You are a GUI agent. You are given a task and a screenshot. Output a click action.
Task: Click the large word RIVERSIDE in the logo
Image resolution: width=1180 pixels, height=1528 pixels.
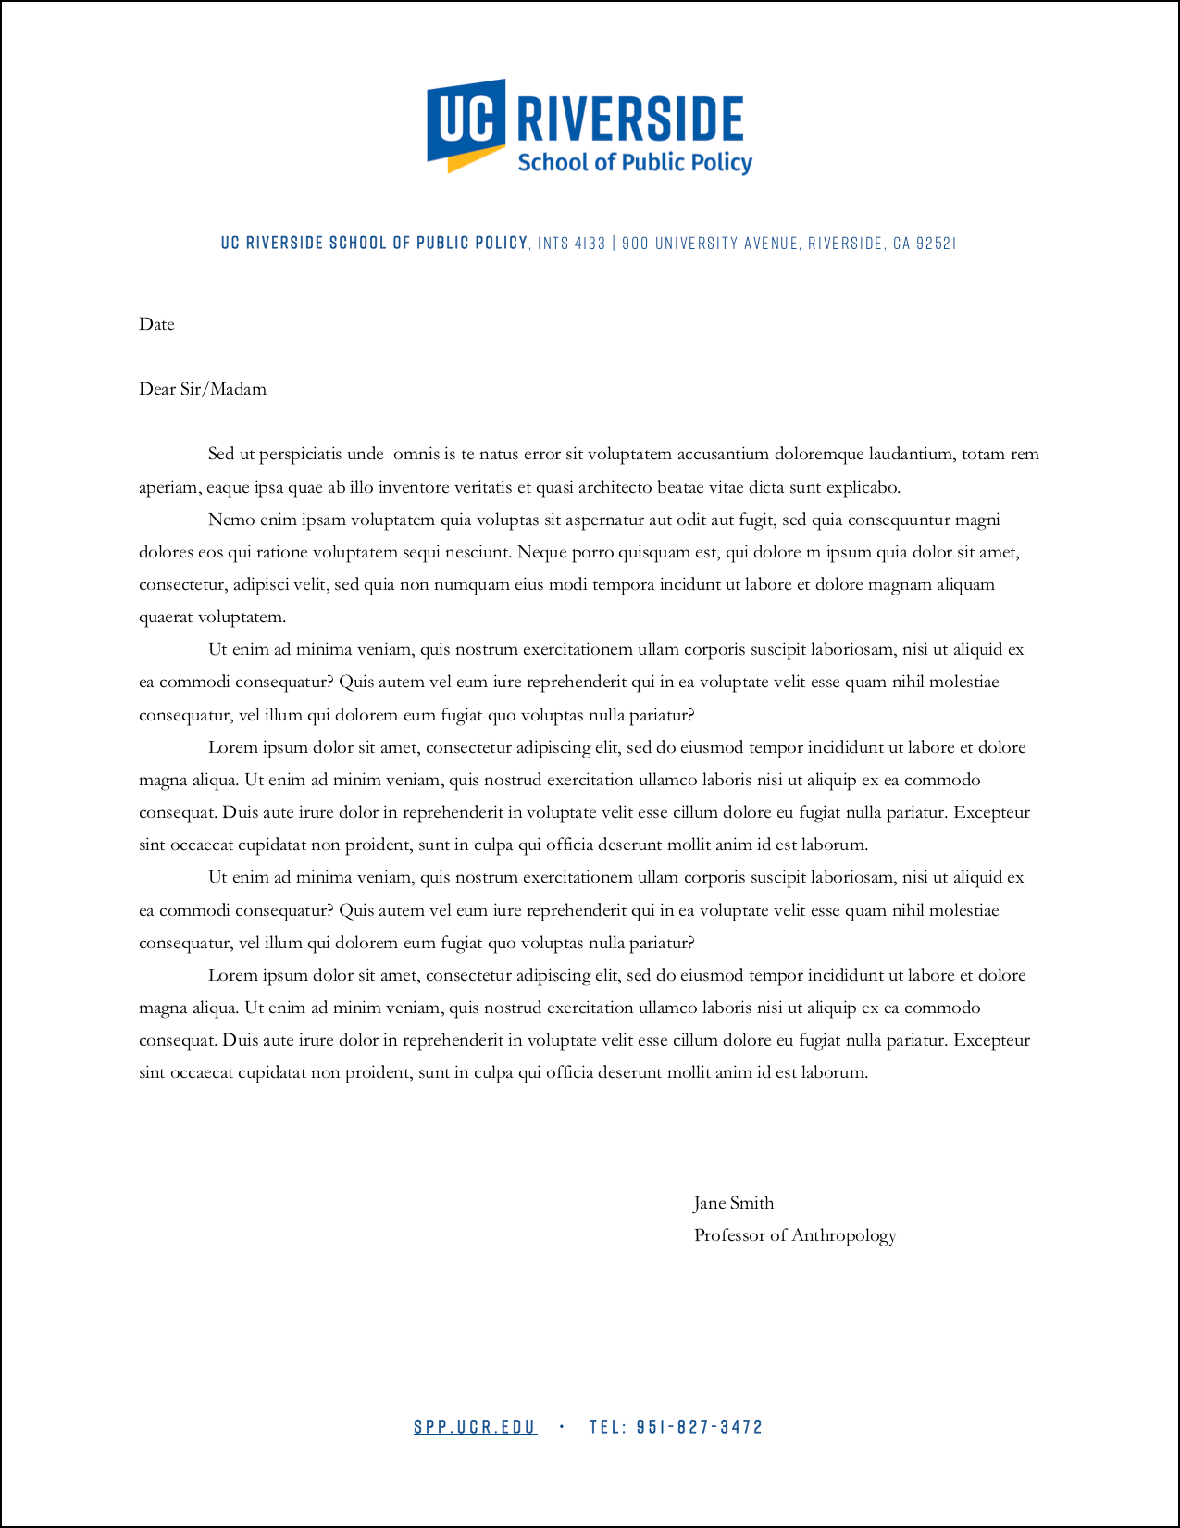(629, 119)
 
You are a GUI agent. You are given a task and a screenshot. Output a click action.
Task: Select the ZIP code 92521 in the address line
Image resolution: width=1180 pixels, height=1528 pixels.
(936, 244)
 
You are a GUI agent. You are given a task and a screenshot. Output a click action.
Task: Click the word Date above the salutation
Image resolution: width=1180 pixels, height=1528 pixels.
(156, 324)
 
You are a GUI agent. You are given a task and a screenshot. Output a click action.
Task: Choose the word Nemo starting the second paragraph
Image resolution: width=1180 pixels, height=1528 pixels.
(228, 520)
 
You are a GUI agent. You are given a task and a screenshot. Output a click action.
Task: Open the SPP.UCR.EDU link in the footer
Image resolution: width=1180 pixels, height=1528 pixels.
(475, 1427)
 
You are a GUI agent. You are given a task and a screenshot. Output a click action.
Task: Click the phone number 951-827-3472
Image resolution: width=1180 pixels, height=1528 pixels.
(700, 1427)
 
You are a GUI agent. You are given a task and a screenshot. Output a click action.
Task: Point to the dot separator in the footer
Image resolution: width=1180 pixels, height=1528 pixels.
(562, 1427)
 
